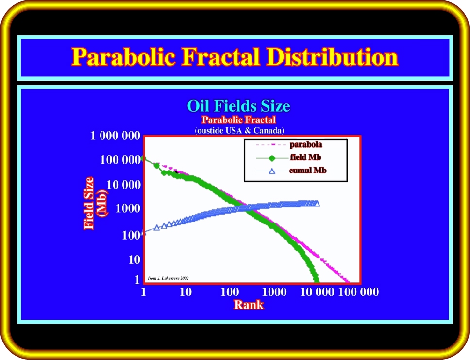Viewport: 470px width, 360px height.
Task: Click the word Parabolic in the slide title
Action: point(123,56)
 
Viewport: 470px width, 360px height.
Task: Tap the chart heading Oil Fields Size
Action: point(238,106)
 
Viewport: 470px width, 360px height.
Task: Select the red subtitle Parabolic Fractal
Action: point(238,120)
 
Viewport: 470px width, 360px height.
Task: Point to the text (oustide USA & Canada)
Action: point(239,131)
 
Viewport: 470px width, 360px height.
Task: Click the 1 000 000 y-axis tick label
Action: point(116,136)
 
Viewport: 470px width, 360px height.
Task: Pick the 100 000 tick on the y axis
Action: point(120,160)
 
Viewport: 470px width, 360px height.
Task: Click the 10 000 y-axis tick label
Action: point(123,185)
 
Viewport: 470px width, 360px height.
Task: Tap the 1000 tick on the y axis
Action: point(128,208)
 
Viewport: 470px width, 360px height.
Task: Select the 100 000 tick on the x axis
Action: point(358,291)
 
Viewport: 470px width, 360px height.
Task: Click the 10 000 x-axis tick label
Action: point(317,291)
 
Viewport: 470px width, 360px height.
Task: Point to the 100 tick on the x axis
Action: point(230,291)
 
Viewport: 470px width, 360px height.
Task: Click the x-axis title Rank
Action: point(249,305)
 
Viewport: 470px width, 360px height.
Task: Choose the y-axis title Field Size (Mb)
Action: point(95,204)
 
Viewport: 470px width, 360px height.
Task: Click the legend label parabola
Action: point(306,145)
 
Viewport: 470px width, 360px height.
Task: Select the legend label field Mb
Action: point(305,157)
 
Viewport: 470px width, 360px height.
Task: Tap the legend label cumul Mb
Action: point(308,171)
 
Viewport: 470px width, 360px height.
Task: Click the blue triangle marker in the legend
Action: point(272,171)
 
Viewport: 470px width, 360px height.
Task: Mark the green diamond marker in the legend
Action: point(272,158)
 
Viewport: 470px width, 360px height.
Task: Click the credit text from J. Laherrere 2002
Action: point(168,278)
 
